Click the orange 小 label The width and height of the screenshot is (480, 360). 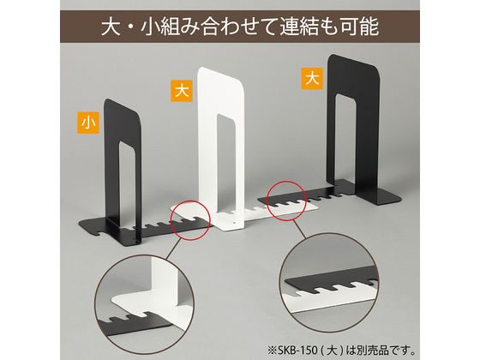pyautogui.click(x=88, y=123)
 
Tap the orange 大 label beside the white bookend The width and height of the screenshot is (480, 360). pyautogui.click(x=182, y=91)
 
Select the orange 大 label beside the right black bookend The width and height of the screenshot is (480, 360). pyautogui.click(x=312, y=78)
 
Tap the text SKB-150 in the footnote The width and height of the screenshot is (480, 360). pyautogui.click(x=297, y=349)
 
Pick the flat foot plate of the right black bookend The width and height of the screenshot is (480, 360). pyautogui.click(x=389, y=197)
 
